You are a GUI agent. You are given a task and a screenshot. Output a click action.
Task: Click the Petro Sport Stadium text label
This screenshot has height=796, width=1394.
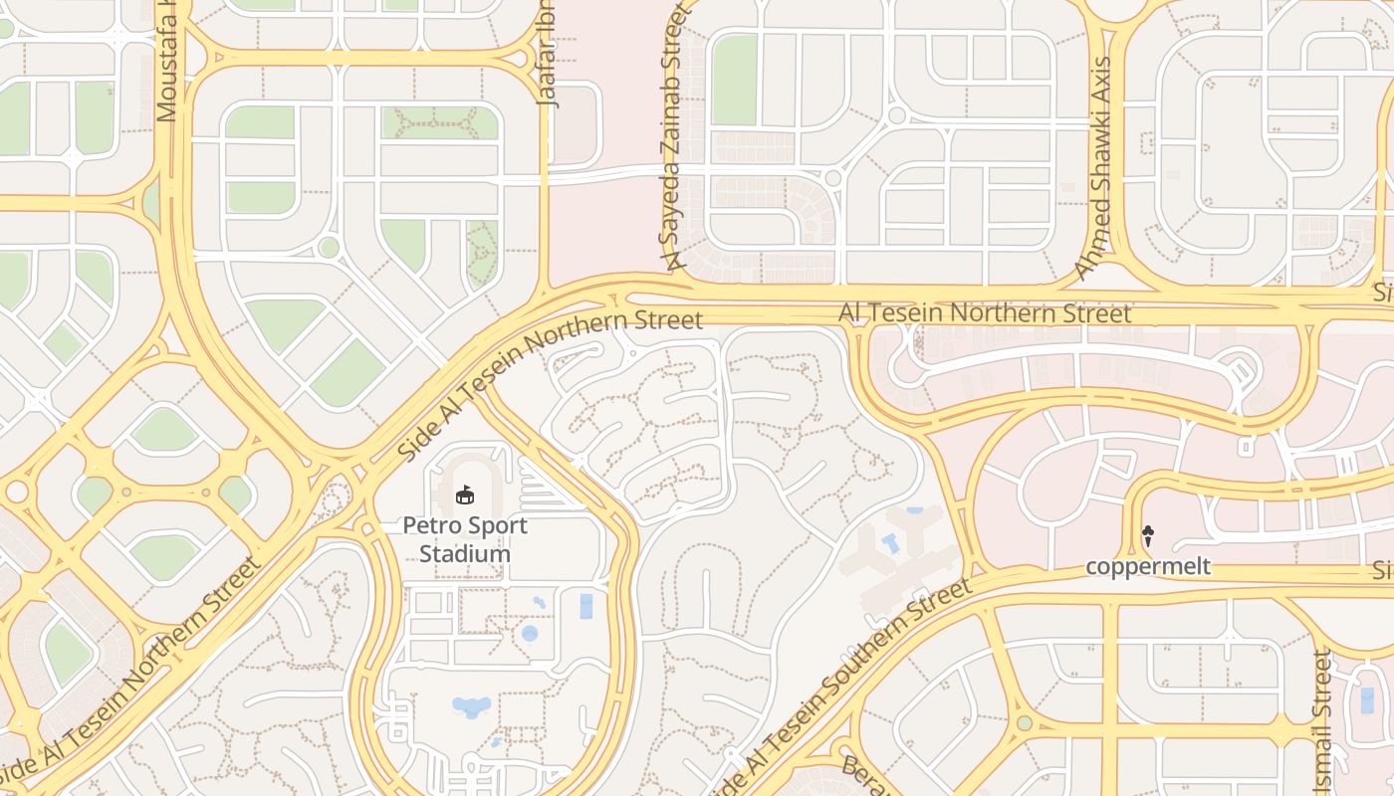coord(465,539)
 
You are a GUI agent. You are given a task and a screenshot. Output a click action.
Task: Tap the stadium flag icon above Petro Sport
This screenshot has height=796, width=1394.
coord(465,494)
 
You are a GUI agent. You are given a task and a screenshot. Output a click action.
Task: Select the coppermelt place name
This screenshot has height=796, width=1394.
coord(1148,566)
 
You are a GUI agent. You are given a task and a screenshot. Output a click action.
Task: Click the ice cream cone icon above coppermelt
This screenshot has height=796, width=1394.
coord(1148,536)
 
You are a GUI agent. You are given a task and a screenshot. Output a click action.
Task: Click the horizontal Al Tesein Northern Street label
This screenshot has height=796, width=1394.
coord(985,313)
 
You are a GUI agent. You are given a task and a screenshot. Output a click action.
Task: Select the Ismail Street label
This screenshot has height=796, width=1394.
coord(1322,722)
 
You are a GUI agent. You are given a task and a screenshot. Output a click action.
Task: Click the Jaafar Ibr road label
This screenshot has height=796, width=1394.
coord(547,54)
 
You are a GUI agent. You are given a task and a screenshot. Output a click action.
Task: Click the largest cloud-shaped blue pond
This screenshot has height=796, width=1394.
coord(472,706)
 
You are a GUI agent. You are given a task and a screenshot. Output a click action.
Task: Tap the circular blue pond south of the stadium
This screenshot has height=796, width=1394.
coord(530,633)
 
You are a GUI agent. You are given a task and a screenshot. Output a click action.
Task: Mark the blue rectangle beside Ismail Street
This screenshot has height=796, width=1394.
coord(1367,700)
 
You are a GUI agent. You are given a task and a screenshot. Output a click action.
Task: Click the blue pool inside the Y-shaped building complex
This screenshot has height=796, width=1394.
coord(890,542)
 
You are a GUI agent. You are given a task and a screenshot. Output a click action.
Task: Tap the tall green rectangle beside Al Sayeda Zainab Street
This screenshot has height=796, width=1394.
coord(735,80)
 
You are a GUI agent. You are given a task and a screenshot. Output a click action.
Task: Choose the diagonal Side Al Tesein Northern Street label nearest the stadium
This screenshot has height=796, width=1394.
coord(550,383)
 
